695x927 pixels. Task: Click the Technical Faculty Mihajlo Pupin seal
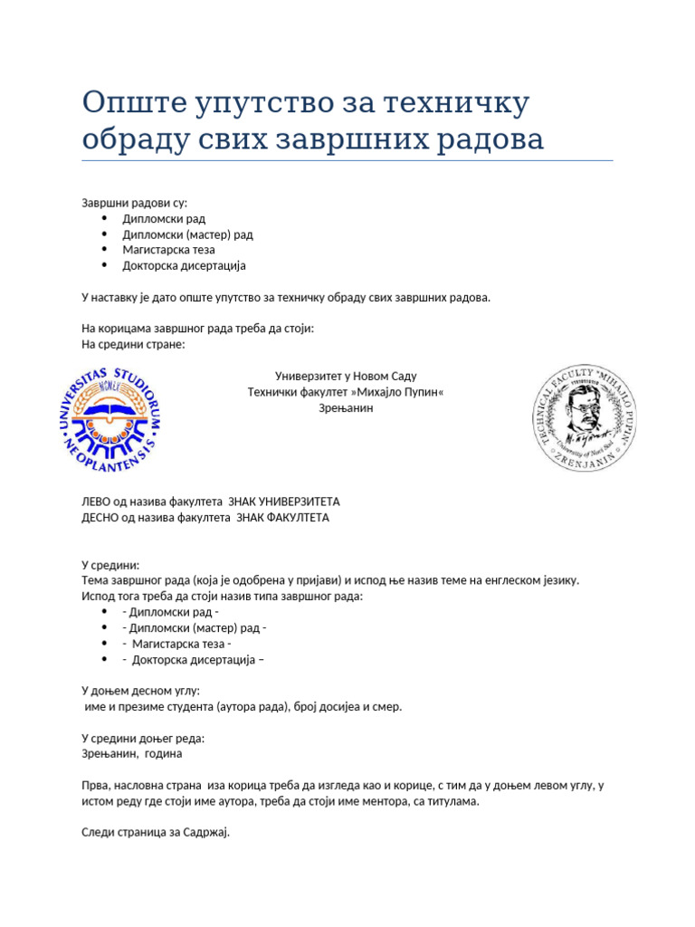[583, 419]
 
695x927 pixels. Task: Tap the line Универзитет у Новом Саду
[346, 376]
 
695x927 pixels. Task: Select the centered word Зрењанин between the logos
[346, 408]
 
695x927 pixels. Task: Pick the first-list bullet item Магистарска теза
[168, 250]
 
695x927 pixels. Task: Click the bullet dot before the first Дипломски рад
[105, 218]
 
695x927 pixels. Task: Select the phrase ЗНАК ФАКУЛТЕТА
[282, 518]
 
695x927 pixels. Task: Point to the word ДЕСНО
[102, 518]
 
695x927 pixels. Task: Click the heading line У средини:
[110, 564]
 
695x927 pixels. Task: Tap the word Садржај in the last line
[208, 832]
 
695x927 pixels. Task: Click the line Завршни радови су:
[134, 203]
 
